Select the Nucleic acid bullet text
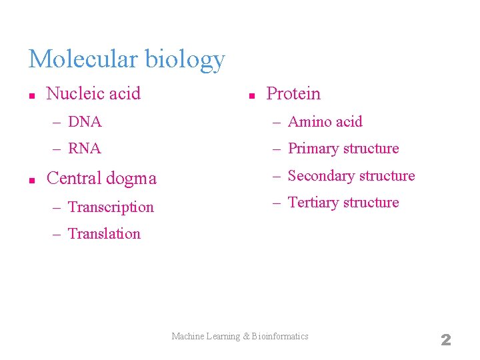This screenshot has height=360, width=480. pyautogui.click(x=93, y=93)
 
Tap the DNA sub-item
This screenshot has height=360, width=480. pyautogui.click(x=85, y=122)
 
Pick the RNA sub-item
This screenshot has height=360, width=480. pyautogui.click(x=85, y=149)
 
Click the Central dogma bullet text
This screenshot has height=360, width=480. pyautogui.click(x=101, y=179)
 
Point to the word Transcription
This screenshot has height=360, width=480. pyautogui.click(x=111, y=207)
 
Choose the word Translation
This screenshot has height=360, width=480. pyautogui.click(x=104, y=234)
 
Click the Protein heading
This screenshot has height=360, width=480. pyautogui.click(x=293, y=94)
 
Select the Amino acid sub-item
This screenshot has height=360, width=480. pyautogui.click(x=325, y=122)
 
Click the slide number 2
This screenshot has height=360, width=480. pyautogui.click(x=446, y=340)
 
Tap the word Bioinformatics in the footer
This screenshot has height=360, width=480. pyautogui.click(x=281, y=337)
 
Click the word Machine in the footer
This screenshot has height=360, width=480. pyautogui.click(x=189, y=337)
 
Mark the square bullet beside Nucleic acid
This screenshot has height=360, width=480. pyautogui.click(x=31, y=95)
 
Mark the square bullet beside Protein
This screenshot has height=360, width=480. pyautogui.click(x=251, y=95)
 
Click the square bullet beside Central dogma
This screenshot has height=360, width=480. pyautogui.click(x=31, y=180)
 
